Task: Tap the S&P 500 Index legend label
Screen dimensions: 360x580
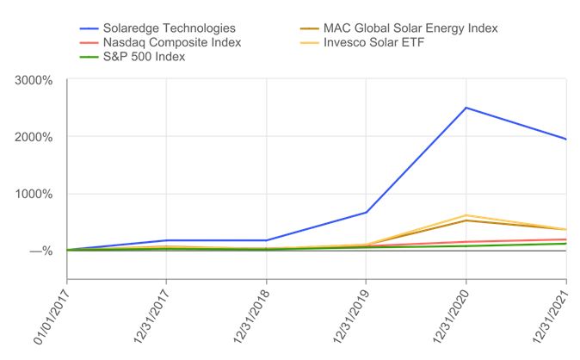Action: (x=145, y=57)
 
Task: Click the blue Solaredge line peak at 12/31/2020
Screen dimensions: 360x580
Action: (x=466, y=108)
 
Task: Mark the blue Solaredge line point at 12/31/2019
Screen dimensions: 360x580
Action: (x=367, y=212)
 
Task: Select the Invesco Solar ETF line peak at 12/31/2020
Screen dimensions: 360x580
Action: (x=466, y=215)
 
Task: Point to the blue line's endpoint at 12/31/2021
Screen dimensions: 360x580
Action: (x=565, y=139)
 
